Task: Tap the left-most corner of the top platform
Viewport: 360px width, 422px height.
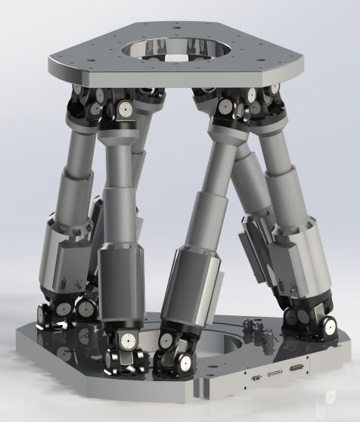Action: coord(51,61)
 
